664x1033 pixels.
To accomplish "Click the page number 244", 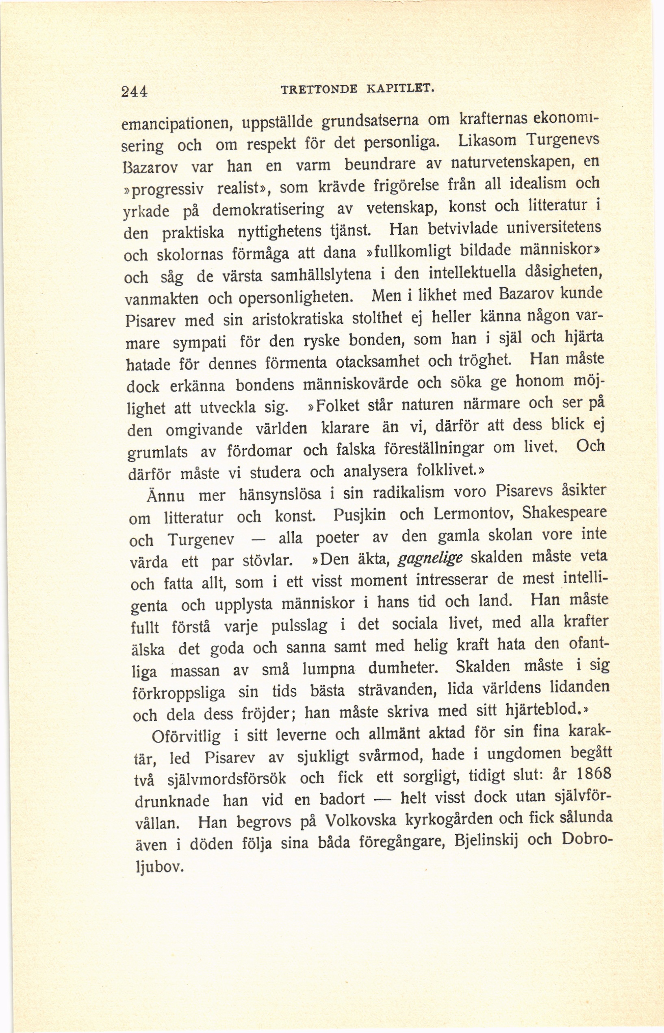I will click(135, 92).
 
